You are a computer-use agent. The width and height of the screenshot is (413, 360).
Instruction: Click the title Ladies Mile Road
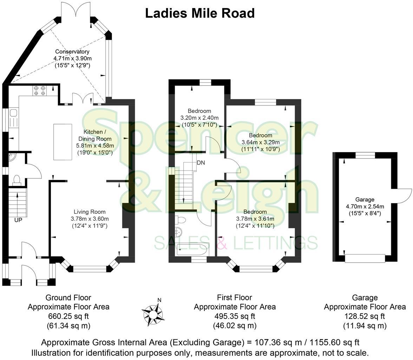(x=199, y=13)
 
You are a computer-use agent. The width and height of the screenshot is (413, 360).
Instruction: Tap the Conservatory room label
(x=72, y=52)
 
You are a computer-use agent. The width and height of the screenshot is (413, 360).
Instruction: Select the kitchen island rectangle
(x=63, y=141)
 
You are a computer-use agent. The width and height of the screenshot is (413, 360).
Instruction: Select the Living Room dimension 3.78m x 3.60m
(x=89, y=219)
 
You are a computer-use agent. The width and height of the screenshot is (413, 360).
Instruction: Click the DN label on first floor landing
(x=201, y=163)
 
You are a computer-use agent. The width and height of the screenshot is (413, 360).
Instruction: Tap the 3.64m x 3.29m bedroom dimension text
(x=261, y=142)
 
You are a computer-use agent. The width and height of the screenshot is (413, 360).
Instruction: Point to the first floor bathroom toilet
(x=181, y=220)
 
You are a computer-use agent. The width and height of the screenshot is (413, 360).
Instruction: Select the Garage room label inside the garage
(x=365, y=199)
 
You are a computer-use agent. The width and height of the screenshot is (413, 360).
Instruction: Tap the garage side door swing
(x=404, y=196)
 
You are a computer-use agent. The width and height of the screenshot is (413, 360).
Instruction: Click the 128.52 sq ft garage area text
(x=365, y=316)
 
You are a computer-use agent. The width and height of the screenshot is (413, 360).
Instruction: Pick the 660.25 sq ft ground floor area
(x=68, y=316)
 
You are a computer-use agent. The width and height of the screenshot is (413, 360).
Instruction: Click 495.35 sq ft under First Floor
(x=235, y=316)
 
